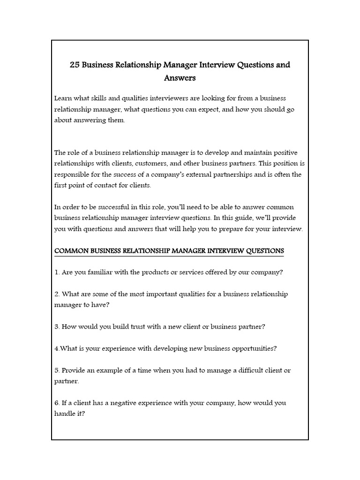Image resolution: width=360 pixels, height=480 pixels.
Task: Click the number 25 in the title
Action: (x=75, y=65)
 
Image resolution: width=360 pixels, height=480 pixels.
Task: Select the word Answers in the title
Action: (x=180, y=77)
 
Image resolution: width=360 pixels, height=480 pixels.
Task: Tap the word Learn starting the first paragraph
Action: (x=64, y=98)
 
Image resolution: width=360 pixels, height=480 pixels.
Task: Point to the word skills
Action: (x=100, y=98)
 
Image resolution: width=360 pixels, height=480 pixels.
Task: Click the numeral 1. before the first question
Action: (x=57, y=272)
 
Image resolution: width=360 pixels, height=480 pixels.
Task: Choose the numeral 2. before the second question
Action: (x=57, y=294)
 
